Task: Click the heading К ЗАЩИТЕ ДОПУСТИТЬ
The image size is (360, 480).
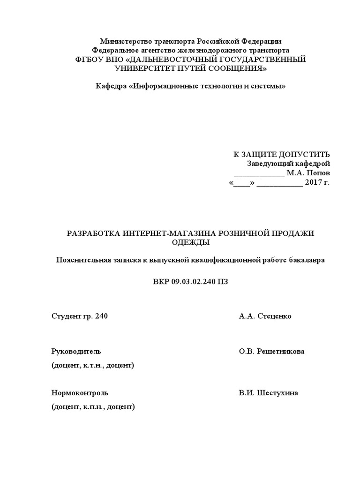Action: [x=282, y=155]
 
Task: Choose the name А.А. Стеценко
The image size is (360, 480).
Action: [x=265, y=316]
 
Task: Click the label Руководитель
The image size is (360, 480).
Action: [x=76, y=352]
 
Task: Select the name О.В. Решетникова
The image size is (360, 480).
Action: [x=271, y=352]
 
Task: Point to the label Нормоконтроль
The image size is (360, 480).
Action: [x=80, y=393]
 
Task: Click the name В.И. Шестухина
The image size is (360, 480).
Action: [x=268, y=393]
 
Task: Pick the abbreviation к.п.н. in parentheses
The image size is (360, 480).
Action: [x=93, y=407]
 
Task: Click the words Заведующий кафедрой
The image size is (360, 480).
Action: [x=288, y=164]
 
